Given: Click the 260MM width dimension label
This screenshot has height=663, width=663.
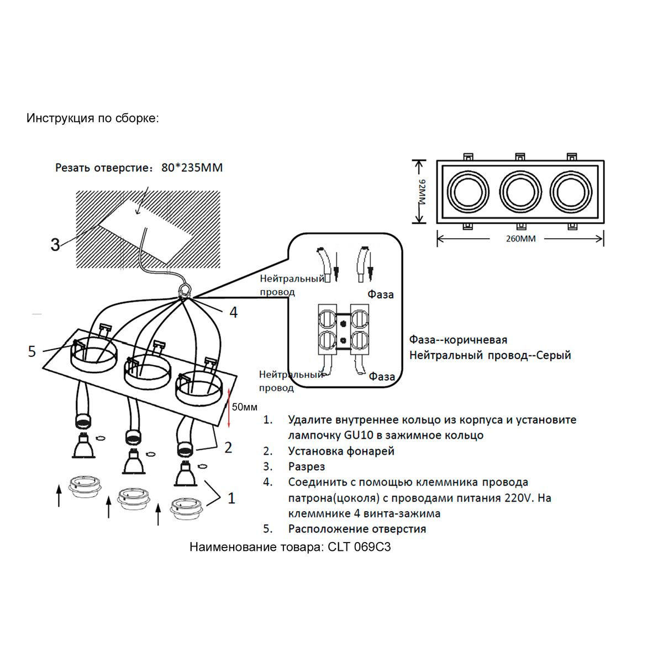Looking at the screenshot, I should click(x=520, y=239).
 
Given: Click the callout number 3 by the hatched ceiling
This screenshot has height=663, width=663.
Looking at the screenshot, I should click(x=55, y=244).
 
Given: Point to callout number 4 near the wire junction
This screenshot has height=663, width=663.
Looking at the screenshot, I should click(x=234, y=313).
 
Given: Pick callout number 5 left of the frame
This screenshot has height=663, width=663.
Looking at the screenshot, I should click(x=32, y=351).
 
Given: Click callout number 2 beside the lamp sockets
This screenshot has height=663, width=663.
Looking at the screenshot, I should click(x=228, y=448).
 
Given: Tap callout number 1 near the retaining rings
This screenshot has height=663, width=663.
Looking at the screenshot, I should click(x=231, y=498).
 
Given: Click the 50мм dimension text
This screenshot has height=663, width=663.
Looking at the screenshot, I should click(x=245, y=407).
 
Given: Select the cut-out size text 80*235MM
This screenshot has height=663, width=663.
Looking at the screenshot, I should click(x=192, y=167).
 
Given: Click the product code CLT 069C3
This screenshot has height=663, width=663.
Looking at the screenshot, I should click(x=359, y=548).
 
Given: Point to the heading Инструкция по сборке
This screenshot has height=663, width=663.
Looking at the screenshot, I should click(x=92, y=118).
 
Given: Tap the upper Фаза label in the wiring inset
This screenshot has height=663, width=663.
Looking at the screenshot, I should click(x=381, y=294).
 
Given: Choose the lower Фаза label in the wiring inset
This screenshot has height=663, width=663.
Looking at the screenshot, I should click(x=382, y=377).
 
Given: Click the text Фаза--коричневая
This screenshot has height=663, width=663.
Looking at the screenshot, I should click(x=458, y=339).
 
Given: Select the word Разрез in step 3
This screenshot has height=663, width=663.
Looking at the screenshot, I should click(x=307, y=467).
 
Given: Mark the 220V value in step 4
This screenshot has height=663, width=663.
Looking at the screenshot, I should click(x=519, y=498).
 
